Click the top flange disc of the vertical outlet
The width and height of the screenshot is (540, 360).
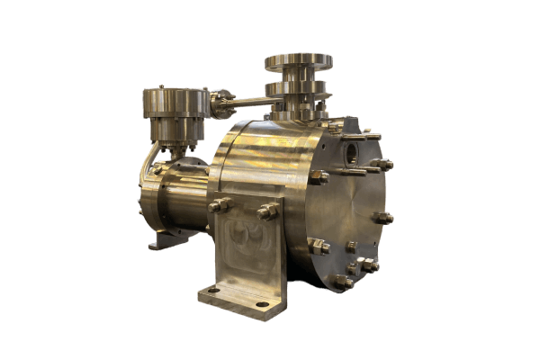[x=298, y=61]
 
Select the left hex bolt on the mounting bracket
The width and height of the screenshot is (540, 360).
[x=216, y=206]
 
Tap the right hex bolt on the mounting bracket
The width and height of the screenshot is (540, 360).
[x=266, y=212]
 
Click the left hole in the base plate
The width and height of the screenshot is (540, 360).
[x=214, y=290]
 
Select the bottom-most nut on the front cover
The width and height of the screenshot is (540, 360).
[x=343, y=282]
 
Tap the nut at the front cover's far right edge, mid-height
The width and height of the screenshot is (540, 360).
[x=385, y=218]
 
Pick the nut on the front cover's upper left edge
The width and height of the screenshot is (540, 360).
[x=317, y=176]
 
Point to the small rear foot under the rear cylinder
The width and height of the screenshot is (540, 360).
[x=159, y=241]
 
